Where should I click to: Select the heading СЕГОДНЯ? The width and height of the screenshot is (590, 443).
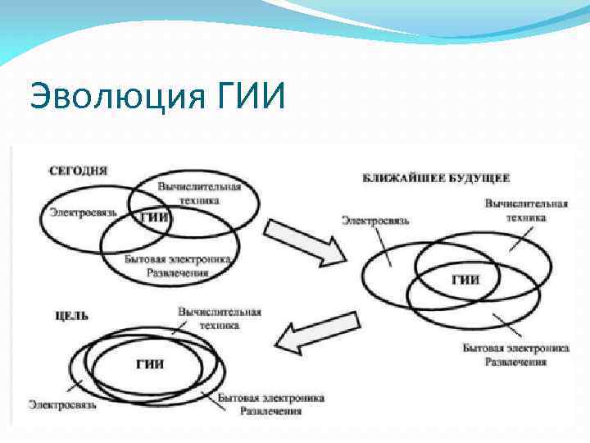pos(78,171)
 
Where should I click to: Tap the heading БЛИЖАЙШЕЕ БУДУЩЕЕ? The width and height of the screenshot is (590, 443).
pos(436,177)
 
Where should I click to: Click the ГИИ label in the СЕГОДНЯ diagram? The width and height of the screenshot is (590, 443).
pos(155,217)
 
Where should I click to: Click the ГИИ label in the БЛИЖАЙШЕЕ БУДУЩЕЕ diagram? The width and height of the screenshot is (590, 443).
pos(465,279)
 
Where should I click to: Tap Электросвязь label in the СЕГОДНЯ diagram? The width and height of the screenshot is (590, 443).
pos(82,212)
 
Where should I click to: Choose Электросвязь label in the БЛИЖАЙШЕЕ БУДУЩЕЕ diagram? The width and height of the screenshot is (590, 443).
pos(375,220)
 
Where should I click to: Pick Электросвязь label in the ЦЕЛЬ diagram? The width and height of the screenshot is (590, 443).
pos(63,404)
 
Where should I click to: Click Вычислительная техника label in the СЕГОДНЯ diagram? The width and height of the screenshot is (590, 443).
pos(199,193)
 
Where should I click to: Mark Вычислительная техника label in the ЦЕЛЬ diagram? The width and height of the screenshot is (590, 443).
pos(219,318)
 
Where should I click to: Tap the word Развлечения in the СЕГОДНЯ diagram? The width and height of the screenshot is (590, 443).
pos(173,272)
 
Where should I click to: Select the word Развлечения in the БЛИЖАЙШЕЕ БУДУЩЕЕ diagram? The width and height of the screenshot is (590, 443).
pos(515,361)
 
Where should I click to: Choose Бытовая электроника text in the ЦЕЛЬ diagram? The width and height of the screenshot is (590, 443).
pos(270,398)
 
